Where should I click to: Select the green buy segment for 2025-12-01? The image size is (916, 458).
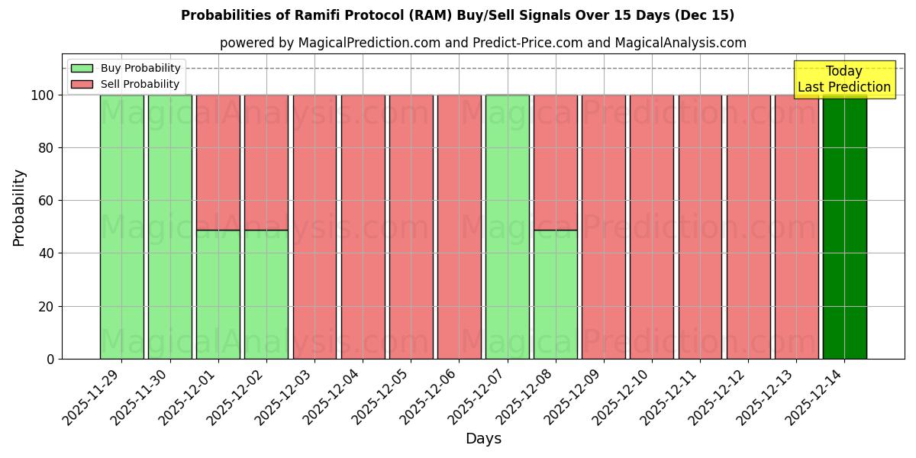218,294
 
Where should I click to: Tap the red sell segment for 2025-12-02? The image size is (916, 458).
266,162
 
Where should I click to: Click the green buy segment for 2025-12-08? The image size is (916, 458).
555,294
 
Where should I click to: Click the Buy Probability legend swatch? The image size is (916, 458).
82,68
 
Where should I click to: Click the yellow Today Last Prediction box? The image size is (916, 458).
843,79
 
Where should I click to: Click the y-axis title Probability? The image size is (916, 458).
19,207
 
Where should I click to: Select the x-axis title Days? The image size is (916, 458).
483,439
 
